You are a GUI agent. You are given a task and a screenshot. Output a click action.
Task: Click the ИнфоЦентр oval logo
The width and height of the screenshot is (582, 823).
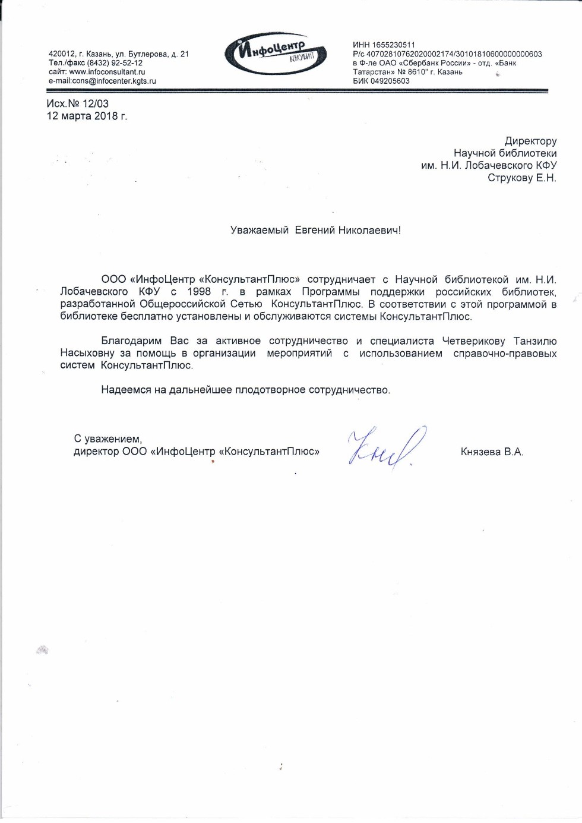pyautogui.click(x=275, y=53)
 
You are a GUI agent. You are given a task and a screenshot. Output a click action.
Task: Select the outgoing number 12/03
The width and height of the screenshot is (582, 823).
pyautogui.click(x=95, y=103)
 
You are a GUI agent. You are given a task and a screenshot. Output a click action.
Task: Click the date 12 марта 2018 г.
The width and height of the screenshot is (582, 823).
pyautogui.click(x=87, y=116)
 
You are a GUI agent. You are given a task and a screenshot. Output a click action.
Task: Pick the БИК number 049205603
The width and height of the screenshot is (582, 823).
pyautogui.click(x=390, y=81)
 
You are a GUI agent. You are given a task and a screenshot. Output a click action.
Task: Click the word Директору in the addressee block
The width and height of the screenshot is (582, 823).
pyautogui.click(x=530, y=141)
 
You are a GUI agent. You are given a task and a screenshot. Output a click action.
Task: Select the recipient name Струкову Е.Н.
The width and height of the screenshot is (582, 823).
pyautogui.click(x=521, y=178)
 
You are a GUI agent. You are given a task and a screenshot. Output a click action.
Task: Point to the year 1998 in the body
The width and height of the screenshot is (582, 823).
pyautogui.click(x=199, y=292)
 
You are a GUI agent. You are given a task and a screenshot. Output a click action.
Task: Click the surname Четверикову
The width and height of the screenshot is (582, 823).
pyautogui.click(x=473, y=341)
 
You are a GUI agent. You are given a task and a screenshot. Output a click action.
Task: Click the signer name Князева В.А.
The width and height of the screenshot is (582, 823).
pyautogui.click(x=492, y=452)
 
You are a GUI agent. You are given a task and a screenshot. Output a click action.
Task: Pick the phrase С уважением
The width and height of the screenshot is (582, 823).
pyautogui.click(x=107, y=439)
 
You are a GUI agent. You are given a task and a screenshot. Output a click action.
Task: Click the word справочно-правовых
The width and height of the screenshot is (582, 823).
pyautogui.click(x=505, y=354)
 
